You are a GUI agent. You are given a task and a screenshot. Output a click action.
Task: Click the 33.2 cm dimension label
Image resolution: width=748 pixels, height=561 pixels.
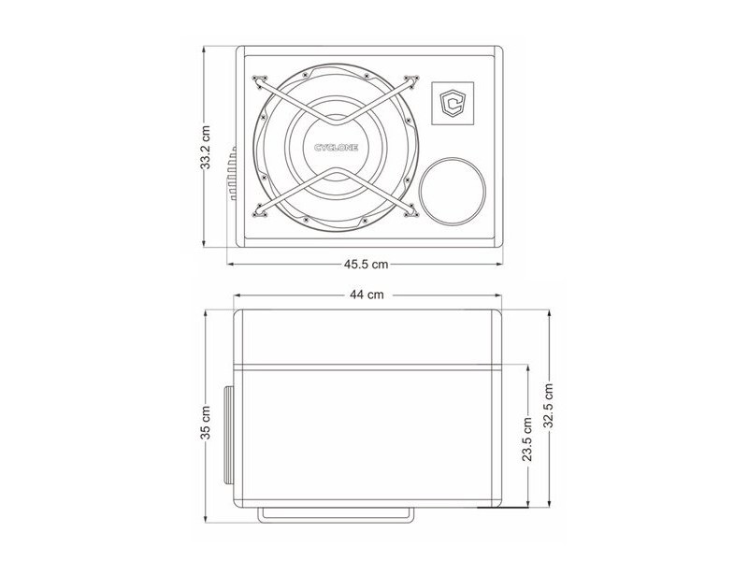coord(205,148)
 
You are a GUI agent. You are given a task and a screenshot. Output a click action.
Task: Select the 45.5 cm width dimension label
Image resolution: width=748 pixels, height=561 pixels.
coord(366,264)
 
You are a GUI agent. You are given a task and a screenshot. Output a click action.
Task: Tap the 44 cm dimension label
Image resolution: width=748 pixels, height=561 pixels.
coord(367,295)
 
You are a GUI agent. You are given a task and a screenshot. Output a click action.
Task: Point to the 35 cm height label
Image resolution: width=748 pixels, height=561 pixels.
coord(205,423)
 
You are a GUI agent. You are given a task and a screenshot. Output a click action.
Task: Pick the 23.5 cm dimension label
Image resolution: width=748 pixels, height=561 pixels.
coord(527,439)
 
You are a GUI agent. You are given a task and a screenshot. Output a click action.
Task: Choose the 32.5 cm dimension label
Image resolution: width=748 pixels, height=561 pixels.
coord(549,405)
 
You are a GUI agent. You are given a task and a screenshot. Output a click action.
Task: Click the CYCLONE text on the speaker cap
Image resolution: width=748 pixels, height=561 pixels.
coord(336,148)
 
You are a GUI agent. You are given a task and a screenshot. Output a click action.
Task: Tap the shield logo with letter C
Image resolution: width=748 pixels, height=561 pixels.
coord(453,104)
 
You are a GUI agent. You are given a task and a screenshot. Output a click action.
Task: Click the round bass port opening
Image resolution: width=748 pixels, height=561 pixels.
coord(453,191)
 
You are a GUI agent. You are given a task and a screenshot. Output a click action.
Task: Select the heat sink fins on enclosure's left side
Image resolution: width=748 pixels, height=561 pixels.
coord(232,173)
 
